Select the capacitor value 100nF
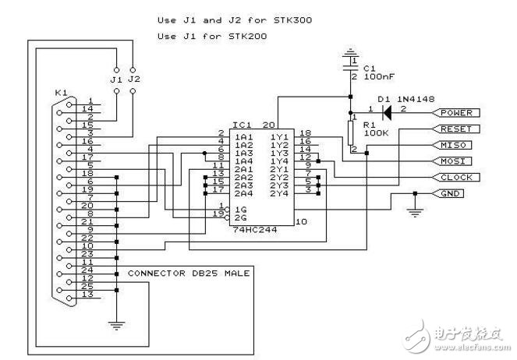pos(377,77)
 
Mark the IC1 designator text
pos(241,125)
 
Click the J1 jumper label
pos(116,78)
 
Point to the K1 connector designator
pos(60,93)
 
